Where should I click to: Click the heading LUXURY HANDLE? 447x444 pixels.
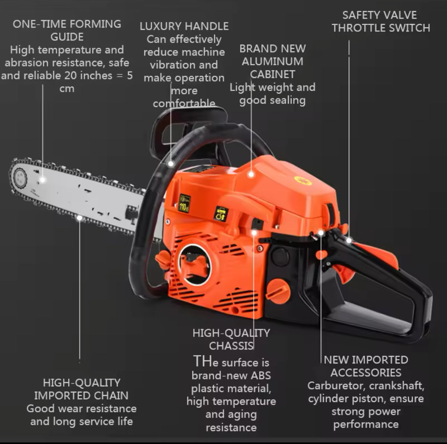(x=184, y=26)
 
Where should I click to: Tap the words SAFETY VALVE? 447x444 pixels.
(x=379, y=15)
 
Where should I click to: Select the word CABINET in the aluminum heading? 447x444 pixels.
(x=272, y=75)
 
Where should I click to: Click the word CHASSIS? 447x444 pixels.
(x=231, y=346)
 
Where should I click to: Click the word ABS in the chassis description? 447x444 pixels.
(x=261, y=376)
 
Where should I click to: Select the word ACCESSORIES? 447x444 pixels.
(x=366, y=373)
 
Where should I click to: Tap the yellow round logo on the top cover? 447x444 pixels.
(x=303, y=180)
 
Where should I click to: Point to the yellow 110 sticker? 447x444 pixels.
(x=185, y=203)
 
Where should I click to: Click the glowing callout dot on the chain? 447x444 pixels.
(x=79, y=218)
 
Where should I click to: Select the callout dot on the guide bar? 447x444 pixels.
(x=42, y=180)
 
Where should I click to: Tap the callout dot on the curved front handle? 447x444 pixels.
(x=171, y=164)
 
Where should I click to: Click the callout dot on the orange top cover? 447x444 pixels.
(x=251, y=174)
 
